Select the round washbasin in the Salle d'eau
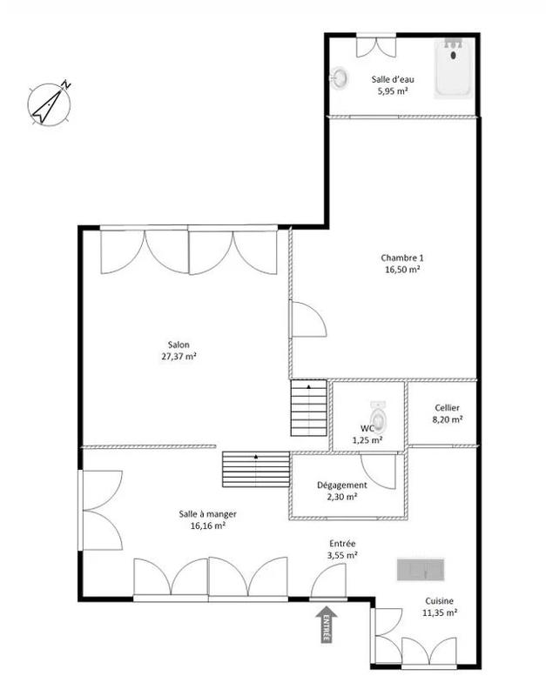click(x=339, y=78)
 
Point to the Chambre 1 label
click(x=401, y=258)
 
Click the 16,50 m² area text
click(x=401, y=271)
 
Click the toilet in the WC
click(x=378, y=412)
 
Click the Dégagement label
click(x=341, y=485)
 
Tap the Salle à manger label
click(x=203, y=514)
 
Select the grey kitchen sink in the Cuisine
click(x=422, y=570)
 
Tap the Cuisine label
click(x=439, y=600)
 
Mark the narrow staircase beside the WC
click(x=308, y=409)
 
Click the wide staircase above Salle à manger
click(x=256, y=470)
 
